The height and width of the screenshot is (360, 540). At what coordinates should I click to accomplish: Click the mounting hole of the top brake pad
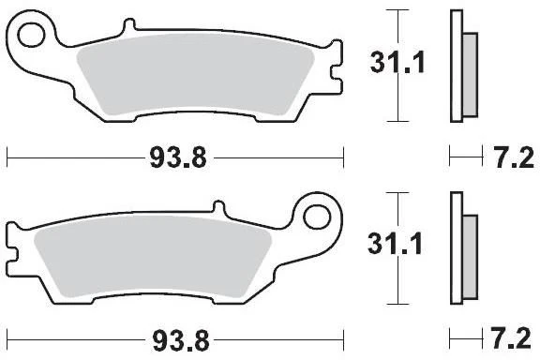tap(31, 35)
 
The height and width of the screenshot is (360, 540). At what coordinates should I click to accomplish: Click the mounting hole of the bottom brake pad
tap(317, 217)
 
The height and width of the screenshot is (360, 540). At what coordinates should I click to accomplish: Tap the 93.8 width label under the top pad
tap(178, 157)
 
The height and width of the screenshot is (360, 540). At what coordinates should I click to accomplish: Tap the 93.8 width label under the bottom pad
tap(181, 340)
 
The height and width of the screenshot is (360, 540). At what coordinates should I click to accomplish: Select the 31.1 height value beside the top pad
tap(397, 63)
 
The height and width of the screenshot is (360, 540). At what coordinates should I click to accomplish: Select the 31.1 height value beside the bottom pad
tap(395, 244)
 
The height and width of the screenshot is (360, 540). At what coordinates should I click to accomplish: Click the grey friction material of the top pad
tap(195, 75)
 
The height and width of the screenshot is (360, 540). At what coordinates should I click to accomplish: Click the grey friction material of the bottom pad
tap(153, 257)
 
